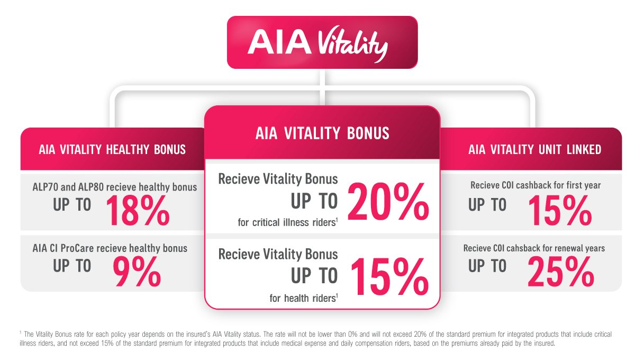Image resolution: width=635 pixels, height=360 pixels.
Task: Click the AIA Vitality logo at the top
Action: point(318,43)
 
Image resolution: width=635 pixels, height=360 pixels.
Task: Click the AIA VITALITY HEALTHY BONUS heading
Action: point(112,149)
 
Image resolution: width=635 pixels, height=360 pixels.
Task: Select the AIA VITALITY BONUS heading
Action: point(322,133)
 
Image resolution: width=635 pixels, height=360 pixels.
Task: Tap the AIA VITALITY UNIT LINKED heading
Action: point(534,149)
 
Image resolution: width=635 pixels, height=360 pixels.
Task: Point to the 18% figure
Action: point(138,211)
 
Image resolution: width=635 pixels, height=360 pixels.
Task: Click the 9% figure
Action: point(137,272)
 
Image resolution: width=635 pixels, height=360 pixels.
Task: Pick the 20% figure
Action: point(388,202)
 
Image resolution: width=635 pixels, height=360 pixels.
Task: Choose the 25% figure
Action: point(561,272)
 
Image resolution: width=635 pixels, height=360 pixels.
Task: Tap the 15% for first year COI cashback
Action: point(560,211)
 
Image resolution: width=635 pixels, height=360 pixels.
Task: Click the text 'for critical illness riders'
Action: point(288,222)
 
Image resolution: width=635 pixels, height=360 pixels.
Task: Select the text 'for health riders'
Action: point(304,298)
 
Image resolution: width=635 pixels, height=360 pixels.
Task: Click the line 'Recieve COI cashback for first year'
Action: point(536,185)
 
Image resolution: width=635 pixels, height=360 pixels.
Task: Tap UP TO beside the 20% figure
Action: point(314,201)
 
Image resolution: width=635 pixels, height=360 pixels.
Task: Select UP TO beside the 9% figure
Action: point(72,266)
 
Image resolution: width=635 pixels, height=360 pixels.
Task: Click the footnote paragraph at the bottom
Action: point(315,338)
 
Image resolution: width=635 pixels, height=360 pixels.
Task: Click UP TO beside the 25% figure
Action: point(487,266)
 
